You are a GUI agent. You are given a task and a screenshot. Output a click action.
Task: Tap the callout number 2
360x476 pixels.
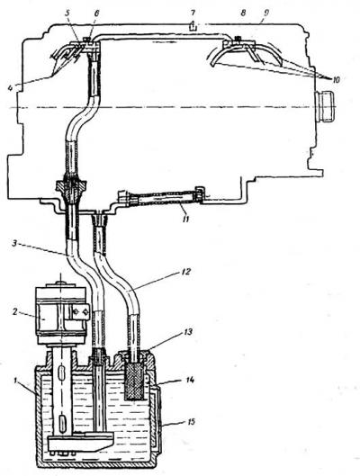pyautogui.click(x=15, y=311)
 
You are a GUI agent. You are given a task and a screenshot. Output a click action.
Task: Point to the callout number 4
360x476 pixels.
pyautogui.click(x=11, y=88)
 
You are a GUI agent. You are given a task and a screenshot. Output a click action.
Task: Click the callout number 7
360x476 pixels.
pyautogui.click(x=193, y=13)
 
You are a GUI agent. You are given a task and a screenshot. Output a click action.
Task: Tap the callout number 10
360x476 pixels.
pyautogui.click(x=336, y=79)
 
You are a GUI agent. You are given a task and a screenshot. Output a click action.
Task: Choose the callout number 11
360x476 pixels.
pyautogui.click(x=185, y=219)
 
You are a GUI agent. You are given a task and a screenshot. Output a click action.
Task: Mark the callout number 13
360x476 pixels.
pyautogui.click(x=188, y=332)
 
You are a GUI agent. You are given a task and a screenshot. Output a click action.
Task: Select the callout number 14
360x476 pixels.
pyautogui.click(x=189, y=380)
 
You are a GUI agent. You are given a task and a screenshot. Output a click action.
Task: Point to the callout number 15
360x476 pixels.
pyautogui.click(x=189, y=422)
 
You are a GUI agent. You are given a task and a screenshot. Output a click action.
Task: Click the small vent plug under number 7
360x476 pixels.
pyautogui.click(x=193, y=27)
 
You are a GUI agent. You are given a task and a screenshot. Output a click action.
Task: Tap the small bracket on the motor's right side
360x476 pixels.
pyautogui.click(x=80, y=311)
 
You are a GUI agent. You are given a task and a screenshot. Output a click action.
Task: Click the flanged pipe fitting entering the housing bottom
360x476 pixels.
pyautogui.click(x=71, y=191)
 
